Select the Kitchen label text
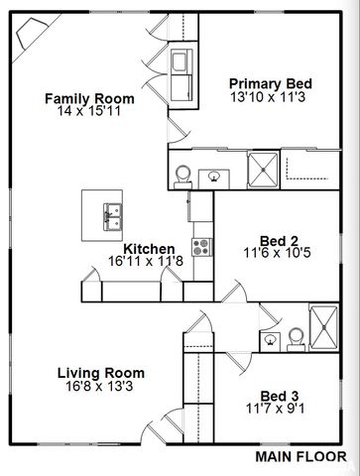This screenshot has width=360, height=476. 150,249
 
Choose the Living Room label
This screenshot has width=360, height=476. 100,373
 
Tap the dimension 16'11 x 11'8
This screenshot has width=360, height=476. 150,262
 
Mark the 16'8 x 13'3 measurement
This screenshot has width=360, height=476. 100,387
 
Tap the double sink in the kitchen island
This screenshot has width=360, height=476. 110,211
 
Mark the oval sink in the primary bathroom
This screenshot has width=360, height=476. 214,177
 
